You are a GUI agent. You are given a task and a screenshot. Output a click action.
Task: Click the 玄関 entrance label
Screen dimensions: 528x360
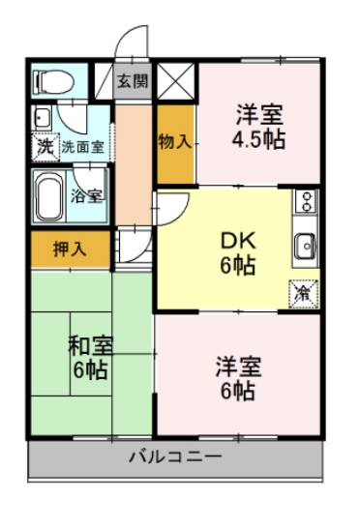tap(134, 80)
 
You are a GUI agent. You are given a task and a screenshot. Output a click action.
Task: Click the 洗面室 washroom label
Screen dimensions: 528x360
tap(83, 148)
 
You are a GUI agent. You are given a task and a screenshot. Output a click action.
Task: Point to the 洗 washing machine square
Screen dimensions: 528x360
tap(45, 147)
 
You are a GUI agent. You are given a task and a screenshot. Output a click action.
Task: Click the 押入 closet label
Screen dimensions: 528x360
tap(69, 249)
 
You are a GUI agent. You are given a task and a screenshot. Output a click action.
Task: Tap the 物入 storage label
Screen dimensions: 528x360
tap(175, 141)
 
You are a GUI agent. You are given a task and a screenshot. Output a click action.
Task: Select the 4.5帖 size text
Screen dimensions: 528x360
tap(257, 139)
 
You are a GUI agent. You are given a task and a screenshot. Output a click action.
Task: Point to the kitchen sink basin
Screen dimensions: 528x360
tap(307, 246)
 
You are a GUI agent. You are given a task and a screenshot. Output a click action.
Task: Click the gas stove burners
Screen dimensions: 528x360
tap(306, 204)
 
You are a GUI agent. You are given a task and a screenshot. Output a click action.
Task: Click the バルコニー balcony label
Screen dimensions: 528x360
tap(176, 456)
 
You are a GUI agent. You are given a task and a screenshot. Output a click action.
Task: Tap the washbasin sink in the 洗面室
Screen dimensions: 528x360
tap(42, 118)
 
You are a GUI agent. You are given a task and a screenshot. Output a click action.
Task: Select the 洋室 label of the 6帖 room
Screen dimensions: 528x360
tap(236, 367)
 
